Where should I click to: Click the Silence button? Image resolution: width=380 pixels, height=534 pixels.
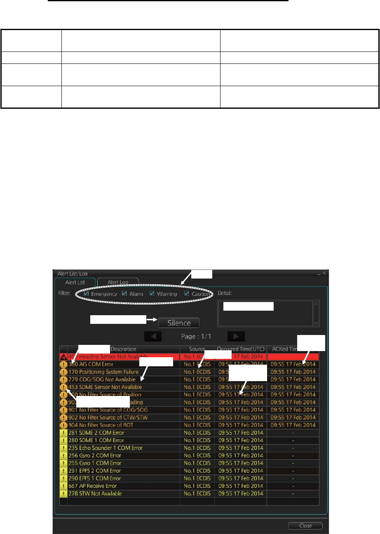tap(179, 323)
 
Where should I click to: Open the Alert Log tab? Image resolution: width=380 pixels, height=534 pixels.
tap(118, 282)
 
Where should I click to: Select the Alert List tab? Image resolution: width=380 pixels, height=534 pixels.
tap(75, 282)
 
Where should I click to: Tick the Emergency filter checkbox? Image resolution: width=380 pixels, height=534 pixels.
tap(86, 294)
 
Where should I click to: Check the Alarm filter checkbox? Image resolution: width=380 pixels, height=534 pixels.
tap(124, 294)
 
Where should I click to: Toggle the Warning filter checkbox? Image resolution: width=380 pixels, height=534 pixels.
tap(152, 294)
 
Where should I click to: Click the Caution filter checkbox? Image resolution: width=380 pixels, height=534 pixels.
tap(187, 294)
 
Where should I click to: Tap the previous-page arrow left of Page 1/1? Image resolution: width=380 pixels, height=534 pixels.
tap(153, 336)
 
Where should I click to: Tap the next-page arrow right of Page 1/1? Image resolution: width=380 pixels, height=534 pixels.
tap(236, 336)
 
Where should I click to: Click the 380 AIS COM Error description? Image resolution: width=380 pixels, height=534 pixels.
tap(91, 364)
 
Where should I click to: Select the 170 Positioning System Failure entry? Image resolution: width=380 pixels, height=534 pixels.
tap(101, 372)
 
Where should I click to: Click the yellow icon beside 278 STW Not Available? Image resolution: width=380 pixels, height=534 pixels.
tap(63, 494)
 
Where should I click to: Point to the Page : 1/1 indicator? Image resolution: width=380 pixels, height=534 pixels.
tap(196, 336)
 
